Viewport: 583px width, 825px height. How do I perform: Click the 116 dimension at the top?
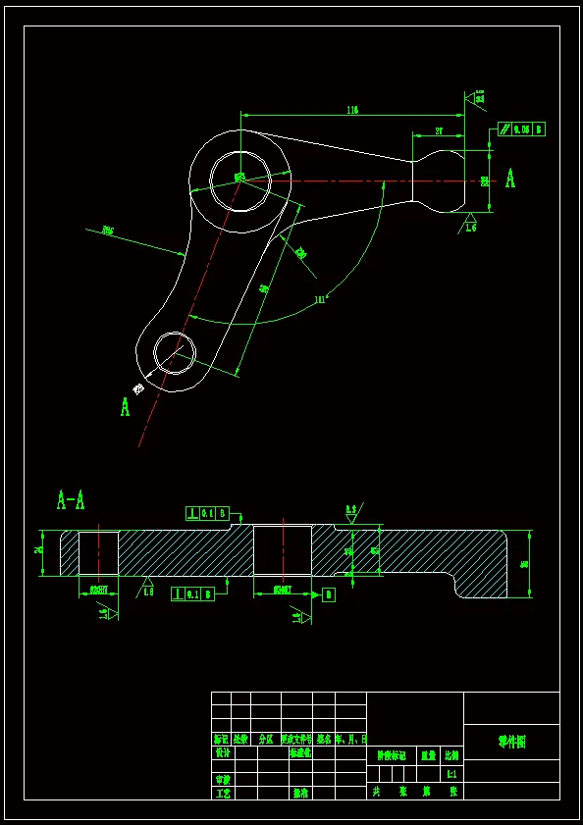click(351, 111)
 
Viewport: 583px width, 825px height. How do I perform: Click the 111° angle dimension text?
click(320, 298)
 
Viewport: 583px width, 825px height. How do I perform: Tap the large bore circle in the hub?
click(239, 180)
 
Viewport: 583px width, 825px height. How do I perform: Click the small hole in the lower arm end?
click(175, 353)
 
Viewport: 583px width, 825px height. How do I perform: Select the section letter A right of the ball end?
click(510, 179)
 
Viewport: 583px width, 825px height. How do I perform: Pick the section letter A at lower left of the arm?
click(125, 406)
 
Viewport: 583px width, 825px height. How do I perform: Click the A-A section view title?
click(71, 501)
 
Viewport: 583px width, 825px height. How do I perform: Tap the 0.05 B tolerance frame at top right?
click(522, 129)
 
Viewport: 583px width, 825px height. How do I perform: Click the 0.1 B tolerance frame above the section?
click(207, 512)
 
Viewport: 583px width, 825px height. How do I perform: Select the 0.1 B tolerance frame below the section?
click(192, 593)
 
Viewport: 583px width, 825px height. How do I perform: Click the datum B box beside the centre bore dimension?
click(328, 594)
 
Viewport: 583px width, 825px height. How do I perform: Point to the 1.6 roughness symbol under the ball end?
click(470, 224)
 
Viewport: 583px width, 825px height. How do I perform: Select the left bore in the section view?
click(98, 553)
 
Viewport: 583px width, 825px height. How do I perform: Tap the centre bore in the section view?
click(283, 550)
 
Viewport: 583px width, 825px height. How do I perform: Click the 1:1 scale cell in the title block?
click(451, 774)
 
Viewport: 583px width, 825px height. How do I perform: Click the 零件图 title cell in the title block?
click(511, 742)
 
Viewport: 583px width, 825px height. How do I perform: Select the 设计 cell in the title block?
click(223, 753)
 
